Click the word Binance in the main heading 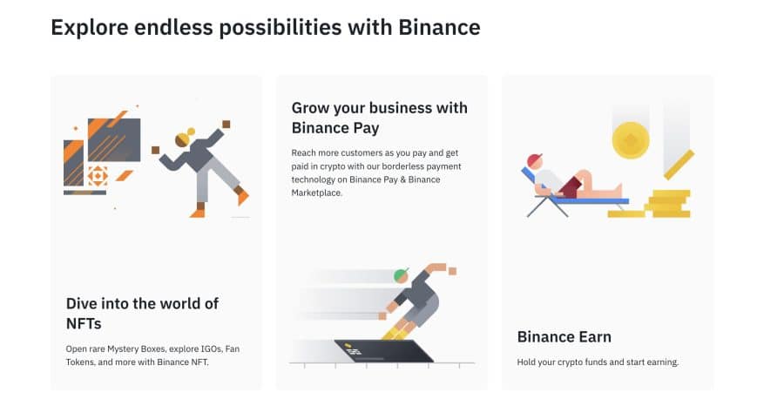pos(439,28)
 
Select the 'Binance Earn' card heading pos(564,336)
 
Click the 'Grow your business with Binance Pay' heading pos(380,118)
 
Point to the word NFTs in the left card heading pos(84,323)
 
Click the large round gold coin pos(631,140)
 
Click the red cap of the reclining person pos(535,161)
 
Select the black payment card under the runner pos(383,351)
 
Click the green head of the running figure pos(401,275)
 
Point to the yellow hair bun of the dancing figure pos(191,132)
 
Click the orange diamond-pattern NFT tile pos(98,176)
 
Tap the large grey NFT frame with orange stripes pos(114,140)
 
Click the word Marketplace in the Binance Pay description pos(316,193)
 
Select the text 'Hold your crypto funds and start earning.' pos(598,362)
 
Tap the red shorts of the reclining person pos(571,187)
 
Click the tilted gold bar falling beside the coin pos(679,165)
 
